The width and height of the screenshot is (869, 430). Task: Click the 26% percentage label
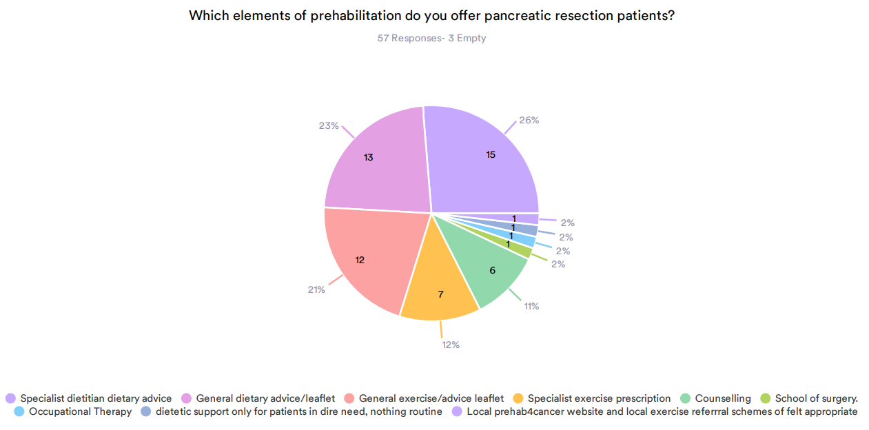[529, 120]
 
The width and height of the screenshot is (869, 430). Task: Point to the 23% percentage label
[329, 125]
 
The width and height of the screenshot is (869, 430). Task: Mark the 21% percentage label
[316, 289]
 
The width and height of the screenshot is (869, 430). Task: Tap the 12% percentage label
[451, 344]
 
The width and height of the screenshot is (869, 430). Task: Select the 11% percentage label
[531, 306]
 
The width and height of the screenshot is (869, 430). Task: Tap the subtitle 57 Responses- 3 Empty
[431, 38]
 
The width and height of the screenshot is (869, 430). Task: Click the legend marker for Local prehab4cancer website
[458, 411]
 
